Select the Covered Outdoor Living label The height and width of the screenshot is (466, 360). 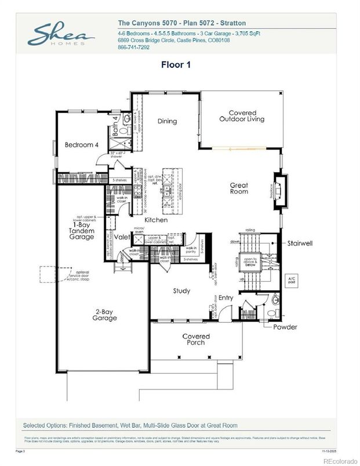pos(242,116)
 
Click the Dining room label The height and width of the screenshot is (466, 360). pos(168,121)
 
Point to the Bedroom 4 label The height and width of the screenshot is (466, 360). pos(81,144)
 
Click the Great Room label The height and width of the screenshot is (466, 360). pos(239,188)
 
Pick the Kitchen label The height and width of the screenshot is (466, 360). pos(156,220)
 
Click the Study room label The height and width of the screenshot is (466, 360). pos(181,291)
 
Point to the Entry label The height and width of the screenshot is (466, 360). pos(226,298)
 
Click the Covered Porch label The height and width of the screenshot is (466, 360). pos(196,340)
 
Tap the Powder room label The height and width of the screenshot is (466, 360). pos(285,327)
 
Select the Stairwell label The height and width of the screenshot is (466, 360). pos(300,244)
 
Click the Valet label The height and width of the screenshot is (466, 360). pos(121,237)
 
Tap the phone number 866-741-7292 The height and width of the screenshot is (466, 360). pos(134,47)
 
